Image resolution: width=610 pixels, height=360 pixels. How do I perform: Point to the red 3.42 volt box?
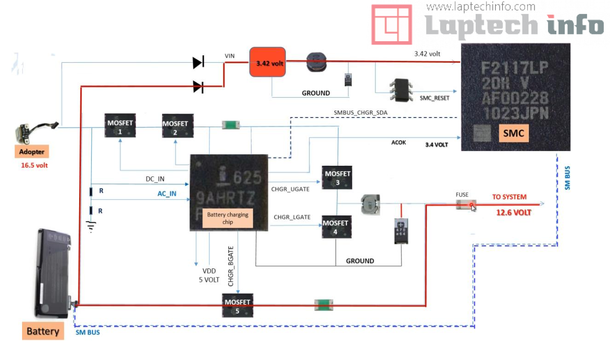(x=267, y=62)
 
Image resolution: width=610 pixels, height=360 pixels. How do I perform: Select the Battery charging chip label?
(x=228, y=218)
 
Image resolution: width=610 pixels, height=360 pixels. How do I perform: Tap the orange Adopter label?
(x=32, y=152)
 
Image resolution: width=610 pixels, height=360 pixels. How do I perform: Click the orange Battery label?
(x=43, y=331)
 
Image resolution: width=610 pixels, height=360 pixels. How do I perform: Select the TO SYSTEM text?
(x=509, y=197)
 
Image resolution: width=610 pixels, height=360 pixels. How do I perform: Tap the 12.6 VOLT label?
(x=514, y=212)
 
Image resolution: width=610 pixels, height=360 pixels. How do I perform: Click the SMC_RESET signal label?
(x=434, y=97)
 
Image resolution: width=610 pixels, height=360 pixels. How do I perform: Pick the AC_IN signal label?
(x=167, y=194)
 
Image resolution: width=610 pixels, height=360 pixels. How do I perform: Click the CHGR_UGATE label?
(x=290, y=189)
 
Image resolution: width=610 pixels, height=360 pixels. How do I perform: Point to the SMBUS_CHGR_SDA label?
(x=360, y=113)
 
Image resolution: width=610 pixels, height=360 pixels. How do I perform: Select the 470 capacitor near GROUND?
(x=401, y=231)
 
